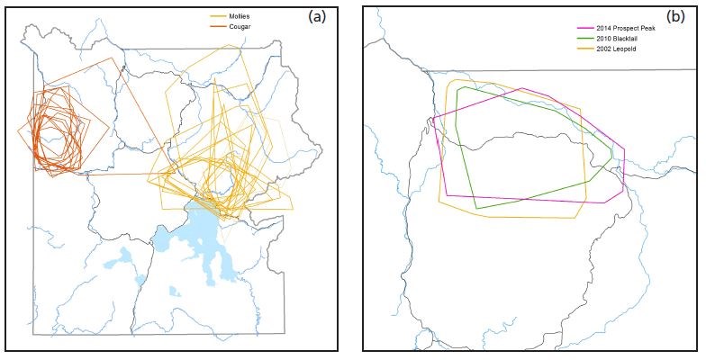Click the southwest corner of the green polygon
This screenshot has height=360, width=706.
point(475,208)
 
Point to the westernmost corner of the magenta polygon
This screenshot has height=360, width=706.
point(433,118)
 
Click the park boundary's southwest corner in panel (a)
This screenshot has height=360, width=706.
point(34,335)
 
